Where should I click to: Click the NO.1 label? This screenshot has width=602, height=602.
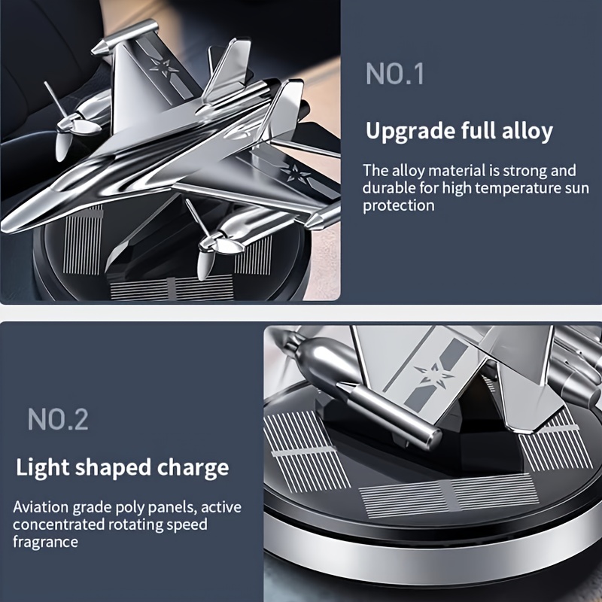tap(395, 73)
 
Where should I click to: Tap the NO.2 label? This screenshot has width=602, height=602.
tap(58, 419)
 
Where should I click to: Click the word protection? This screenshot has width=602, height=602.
tap(399, 205)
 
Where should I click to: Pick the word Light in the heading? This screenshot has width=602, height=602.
tap(43, 467)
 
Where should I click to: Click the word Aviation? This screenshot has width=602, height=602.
tap(41, 507)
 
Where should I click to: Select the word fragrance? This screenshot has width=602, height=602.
tap(45, 542)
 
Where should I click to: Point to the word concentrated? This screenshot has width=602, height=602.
tap(59, 524)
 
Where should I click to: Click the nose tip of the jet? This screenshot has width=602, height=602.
tap(5, 227)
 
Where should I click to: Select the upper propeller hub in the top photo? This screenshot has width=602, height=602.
tap(71, 123)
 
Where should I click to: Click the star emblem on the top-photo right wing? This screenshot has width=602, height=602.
tap(296, 173)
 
